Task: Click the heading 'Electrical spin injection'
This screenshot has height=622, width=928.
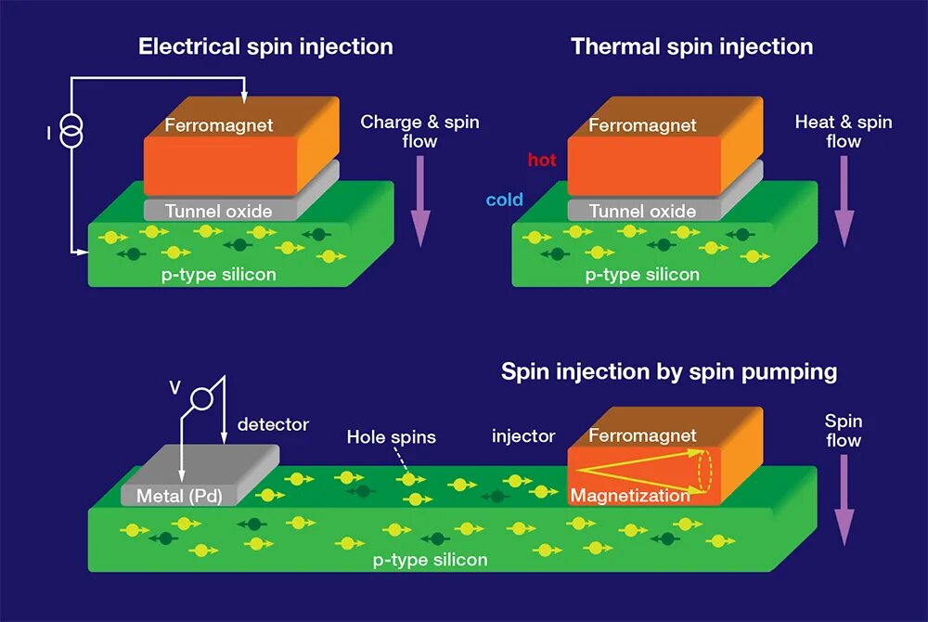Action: pos(265,46)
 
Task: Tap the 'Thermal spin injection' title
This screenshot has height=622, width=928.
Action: pos(692,46)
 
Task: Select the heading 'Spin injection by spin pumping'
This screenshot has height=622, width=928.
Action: pos(669,372)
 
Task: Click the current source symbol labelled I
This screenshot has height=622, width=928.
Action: pos(71,134)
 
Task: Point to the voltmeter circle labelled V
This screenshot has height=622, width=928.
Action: pos(201,400)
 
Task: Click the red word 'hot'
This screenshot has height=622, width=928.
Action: pos(542,161)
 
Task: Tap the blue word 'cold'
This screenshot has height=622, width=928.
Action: pos(505,200)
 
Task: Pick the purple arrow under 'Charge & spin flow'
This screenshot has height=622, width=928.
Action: pos(420,201)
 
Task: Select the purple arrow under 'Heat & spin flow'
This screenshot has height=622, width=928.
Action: pos(844,201)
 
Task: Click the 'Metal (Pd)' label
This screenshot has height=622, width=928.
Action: pos(179,495)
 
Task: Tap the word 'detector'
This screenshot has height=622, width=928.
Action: pos(273,425)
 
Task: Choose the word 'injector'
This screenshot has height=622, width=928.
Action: pos(523,436)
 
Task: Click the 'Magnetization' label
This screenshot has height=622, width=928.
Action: pos(630,495)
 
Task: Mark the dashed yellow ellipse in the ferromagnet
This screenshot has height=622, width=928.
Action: pos(705,469)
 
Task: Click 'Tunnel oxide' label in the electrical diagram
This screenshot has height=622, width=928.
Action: pos(219,211)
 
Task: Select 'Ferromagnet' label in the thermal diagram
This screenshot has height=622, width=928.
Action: pos(642,124)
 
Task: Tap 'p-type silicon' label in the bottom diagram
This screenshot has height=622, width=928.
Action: pos(430,560)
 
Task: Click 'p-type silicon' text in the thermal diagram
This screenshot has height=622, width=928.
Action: pos(642,275)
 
